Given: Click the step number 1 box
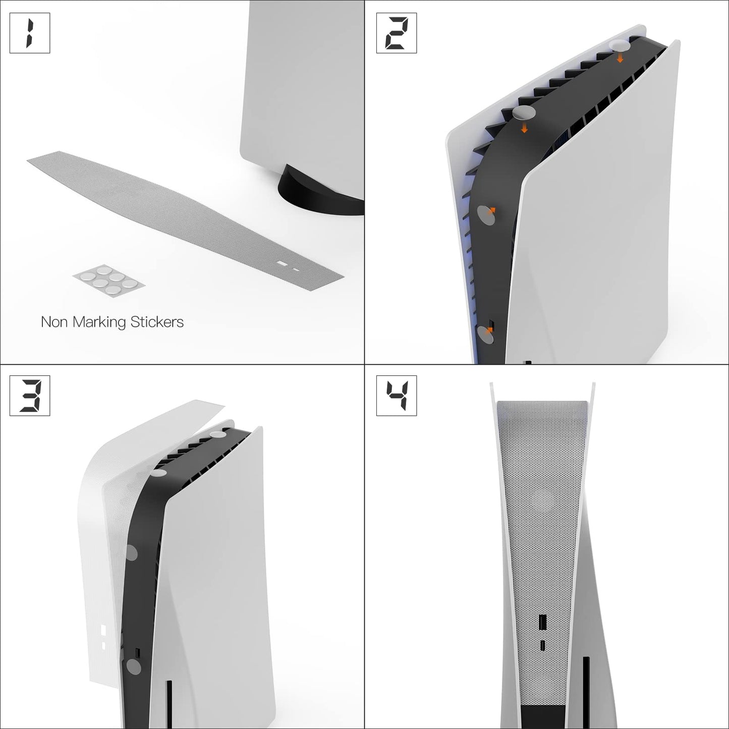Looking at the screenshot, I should (30, 33).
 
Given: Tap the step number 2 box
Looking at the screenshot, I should (397, 33).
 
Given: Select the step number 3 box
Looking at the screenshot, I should (30, 396).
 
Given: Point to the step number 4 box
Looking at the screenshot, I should (397, 396).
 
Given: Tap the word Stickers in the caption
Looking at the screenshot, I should (157, 322).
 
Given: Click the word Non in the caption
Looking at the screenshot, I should (54, 322).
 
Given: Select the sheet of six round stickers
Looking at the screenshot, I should (109, 281).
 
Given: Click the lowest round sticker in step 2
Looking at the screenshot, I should (485, 334).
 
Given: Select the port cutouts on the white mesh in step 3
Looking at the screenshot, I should (103, 636).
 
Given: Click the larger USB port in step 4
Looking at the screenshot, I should (542, 623).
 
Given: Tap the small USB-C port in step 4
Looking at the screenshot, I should (542, 645).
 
